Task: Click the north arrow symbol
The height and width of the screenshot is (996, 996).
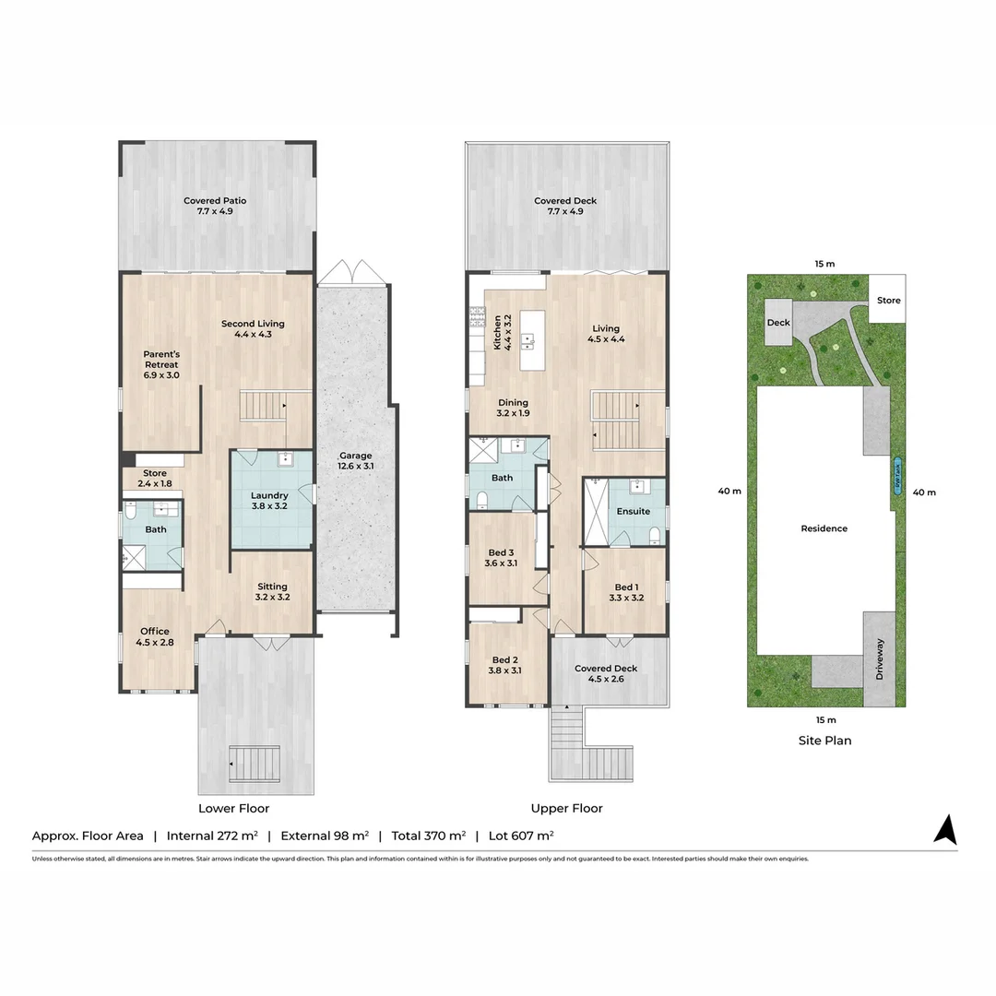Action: [x=944, y=829]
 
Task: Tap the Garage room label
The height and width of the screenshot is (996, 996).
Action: [x=355, y=461]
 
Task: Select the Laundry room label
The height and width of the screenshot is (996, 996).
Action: [x=269, y=501]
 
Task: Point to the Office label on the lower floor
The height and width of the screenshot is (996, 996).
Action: [x=154, y=637]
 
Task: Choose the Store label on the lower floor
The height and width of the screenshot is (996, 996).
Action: [x=154, y=479]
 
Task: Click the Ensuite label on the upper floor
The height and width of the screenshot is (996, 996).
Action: [x=633, y=511]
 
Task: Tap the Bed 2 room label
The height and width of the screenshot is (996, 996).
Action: [x=506, y=665]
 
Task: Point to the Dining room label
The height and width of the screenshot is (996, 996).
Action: [x=513, y=408]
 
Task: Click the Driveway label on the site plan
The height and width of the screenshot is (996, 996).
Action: [x=879, y=659]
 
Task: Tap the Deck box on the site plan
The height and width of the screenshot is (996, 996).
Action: [x=778, y=324]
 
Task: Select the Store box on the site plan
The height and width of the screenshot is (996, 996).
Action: [x=888, y=300]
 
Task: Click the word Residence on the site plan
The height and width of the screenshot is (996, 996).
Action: [x=824, y=528]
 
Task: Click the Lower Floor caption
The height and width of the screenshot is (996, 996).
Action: [x=234, y=808]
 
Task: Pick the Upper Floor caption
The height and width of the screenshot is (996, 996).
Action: [x=566, y=808]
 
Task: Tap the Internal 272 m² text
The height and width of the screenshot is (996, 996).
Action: [x=211, y=836]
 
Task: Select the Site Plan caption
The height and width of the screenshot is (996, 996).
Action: [x=824, y=740]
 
